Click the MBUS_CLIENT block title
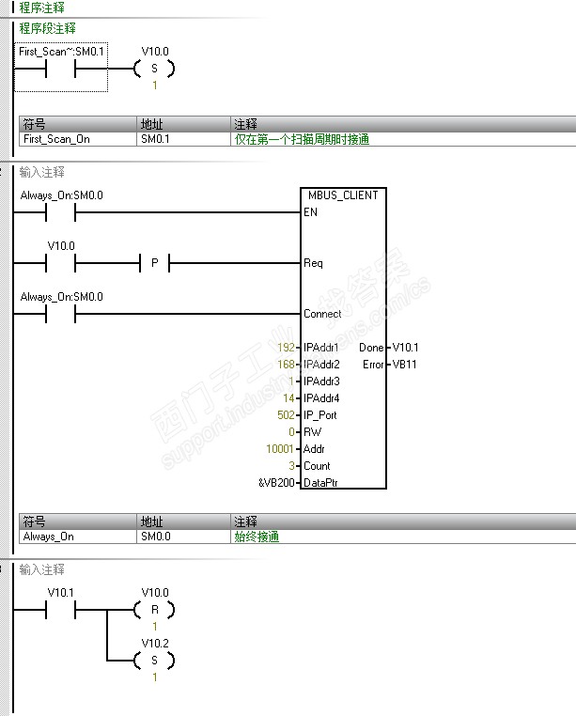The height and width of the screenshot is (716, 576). pyautogui.click(x=343, y=195)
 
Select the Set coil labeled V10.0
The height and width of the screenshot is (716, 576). pyautogui.click(x=155, y=69)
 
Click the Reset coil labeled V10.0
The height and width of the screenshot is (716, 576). pyautogui.click(x=155, y=610)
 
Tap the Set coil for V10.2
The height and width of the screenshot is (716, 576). pyautogui.click(x=155, y=660)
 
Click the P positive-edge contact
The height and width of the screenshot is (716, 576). pyautogui.click(x=155, y=263)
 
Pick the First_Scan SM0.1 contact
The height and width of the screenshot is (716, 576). pyautogui.click(x=59, y=69)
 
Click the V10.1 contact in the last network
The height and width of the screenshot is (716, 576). pyautogui.click(x=59, y=610)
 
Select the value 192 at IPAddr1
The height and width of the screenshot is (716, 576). pyautogui.click(x=286, y=348)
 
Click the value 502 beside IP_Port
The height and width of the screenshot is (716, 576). pyautogui.click(x=286, y=415)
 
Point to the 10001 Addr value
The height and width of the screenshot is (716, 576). pyautogui.click(x=282, y=449)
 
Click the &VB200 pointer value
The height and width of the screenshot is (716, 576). pyautogui.click(x=278, y=483)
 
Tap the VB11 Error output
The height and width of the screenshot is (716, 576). pyautogui.click(x=406, y=365)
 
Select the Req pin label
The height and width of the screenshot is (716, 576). pyautogui.click(x=313, y=263)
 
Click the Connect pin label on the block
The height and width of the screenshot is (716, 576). pyautogui.click(x=322, y=314)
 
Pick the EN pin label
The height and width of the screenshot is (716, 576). pyautogui.click(x=310, y=212)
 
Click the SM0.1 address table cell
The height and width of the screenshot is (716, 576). pyautogui.click(x=155, y=139)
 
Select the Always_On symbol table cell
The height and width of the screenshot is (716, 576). pyautogui.click(x=48, y=537)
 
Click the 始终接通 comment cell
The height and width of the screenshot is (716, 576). pyautogui.click(x=257, y=537)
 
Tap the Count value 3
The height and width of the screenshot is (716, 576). pyautogui.click(x=292, y=466)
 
